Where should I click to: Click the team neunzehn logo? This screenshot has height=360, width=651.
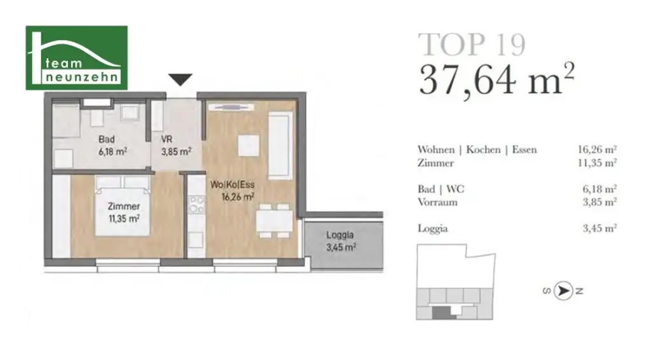76,57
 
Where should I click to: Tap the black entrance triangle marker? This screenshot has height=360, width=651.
181,80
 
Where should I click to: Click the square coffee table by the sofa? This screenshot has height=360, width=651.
247,146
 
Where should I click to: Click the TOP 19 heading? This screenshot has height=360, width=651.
472,45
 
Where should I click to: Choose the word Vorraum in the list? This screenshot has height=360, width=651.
437,202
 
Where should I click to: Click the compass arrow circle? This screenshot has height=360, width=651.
562,291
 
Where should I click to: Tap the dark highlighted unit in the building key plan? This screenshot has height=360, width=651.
440,312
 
